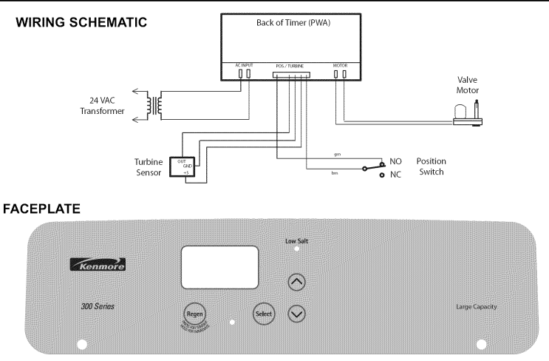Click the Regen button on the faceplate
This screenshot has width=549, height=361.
pyautogui.click(x=194, y=313)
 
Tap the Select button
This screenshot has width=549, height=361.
pyautogui.click(x=264, y=313)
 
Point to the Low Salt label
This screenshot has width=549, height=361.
pyautogui.click(x=297, y=241)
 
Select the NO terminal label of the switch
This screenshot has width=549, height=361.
pyautogui.click(x=396, y=161)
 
